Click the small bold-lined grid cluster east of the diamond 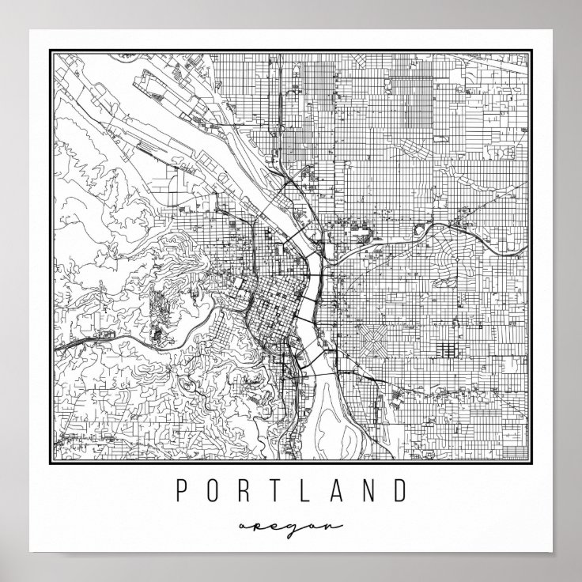click(x=443, y=349)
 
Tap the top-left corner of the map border click(x=51, y=50)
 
